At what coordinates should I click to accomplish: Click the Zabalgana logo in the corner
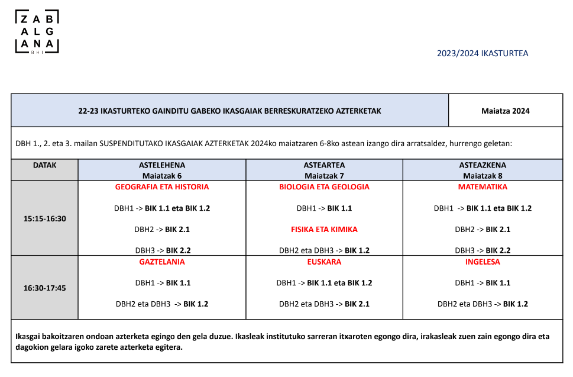(x=37, y=32)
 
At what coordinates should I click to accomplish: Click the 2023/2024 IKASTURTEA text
(x=482, y=53)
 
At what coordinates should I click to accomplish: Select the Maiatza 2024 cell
(x=506, y=111)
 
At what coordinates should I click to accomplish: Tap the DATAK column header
(x=45, y=166)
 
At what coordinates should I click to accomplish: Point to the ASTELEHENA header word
(x=162, y=165)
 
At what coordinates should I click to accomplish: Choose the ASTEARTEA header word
(x=324, y=165)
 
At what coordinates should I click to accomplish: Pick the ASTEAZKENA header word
(x=483, y=165)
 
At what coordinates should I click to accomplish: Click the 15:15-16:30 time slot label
(x=45, y=218)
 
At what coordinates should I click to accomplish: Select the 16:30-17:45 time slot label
(x=45, y=288)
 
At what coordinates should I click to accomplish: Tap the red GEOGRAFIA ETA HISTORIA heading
(x=162, y=187)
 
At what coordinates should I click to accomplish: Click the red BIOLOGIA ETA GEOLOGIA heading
(x=324, y=187)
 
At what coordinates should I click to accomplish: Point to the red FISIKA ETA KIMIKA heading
(x=324, y=230)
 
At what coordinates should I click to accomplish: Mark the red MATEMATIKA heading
(x=483, y=187)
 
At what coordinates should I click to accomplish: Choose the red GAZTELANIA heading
(x=162, y=262)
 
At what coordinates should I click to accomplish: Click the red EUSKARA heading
(x=324, y=262)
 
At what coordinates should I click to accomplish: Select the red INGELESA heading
(x=483, y=262)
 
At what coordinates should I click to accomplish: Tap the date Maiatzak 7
(x=324, y=176)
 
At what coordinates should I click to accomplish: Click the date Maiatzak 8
(x=483, y=176)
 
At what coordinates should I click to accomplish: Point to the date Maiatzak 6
(x=162, y=176)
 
